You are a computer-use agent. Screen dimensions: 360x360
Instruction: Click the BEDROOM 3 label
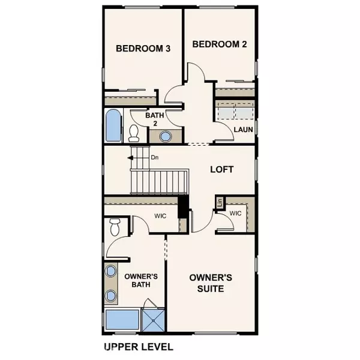143,49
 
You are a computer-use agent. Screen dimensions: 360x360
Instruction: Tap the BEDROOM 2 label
220,44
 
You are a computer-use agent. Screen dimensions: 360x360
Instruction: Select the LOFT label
222,169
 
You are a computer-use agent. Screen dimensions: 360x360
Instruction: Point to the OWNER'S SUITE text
211,283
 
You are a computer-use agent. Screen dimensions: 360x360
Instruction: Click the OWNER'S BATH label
141,280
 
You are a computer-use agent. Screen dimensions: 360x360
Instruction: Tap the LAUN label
243,130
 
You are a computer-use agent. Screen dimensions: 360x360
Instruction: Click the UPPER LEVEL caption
139,347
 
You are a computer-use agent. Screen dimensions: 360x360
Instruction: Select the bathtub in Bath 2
113,125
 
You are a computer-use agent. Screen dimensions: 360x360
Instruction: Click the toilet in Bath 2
134,133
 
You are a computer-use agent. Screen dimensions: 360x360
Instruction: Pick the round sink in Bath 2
166,136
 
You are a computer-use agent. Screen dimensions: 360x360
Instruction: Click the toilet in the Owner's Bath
115,227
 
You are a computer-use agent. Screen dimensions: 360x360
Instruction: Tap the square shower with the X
154,320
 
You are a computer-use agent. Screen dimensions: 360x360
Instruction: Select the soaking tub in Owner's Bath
122,320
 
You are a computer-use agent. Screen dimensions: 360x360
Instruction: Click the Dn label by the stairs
155,157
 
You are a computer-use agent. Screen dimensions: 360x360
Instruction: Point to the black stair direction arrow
130,158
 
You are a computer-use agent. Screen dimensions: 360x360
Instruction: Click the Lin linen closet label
220,202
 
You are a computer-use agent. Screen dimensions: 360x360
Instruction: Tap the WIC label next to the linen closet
235,213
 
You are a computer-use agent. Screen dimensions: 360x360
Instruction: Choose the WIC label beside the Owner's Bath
160,216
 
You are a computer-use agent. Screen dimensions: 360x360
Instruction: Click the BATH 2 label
155,119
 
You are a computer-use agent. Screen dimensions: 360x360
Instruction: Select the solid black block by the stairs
183,207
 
